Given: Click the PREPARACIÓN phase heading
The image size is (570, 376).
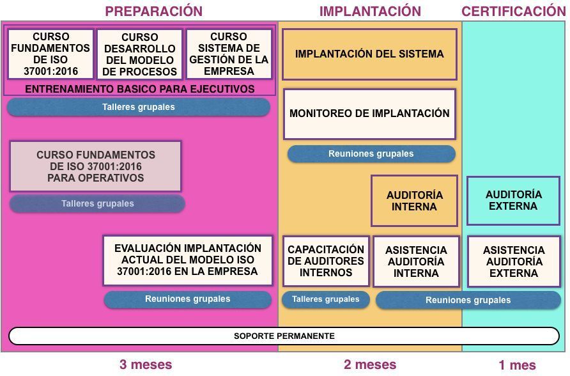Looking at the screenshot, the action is click(154, 11).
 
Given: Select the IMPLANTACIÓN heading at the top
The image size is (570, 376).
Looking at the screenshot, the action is click(370, 11).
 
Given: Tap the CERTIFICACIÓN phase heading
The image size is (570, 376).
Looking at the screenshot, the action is click(514, 11).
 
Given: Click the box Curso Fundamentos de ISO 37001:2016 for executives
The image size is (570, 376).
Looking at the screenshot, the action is click(50, 54).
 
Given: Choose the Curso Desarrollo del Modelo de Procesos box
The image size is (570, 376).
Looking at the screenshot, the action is click(139, 54).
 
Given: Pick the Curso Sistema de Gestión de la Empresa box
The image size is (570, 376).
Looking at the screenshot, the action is click(229, 54).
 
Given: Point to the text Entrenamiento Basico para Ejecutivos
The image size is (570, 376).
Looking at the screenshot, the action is click(139, 89).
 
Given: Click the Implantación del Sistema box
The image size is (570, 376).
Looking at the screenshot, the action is click(369, 54).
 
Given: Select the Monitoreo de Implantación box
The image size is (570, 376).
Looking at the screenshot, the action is click(369, 114).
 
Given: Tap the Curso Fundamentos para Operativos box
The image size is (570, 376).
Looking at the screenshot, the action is click(96, 166).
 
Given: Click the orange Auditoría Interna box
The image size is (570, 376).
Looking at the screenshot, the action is click(414, 201).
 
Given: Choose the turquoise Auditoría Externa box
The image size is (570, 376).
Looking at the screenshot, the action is click(513, 200).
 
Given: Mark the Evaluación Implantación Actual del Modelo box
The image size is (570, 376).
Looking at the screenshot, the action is click(188, 260).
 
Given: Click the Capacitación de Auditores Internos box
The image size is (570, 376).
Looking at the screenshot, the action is click(326, 261).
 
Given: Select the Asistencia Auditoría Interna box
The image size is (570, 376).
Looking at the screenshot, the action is click(416, 262).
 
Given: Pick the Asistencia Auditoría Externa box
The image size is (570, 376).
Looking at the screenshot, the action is click(514, 262).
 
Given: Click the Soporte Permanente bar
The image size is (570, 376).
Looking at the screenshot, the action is click(284, 336).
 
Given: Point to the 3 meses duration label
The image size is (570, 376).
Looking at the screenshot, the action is click(146, 364).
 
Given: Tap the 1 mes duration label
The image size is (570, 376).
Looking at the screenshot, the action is click(518, 364).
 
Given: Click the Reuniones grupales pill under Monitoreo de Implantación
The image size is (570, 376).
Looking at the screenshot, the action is click(371, 154).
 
